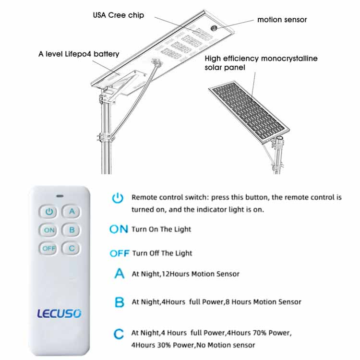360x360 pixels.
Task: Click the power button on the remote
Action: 49,212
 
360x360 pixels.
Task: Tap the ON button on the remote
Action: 49,230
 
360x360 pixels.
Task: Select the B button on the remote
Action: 72,230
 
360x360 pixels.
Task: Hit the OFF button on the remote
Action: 49,248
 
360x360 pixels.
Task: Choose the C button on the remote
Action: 72,248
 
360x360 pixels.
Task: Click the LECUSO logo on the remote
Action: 59,313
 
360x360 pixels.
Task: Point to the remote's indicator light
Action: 60,196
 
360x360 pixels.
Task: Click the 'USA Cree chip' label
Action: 119,15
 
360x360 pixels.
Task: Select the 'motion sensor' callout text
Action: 282,20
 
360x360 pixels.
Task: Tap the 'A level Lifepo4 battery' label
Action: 79,54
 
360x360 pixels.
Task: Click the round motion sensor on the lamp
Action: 214,28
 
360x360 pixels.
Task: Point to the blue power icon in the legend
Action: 118,198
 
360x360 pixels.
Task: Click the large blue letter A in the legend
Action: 120,274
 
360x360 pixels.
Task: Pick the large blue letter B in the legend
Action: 120,302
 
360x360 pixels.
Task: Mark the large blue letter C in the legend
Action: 119,334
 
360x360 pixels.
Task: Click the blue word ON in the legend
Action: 119,229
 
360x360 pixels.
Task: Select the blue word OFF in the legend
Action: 120,253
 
